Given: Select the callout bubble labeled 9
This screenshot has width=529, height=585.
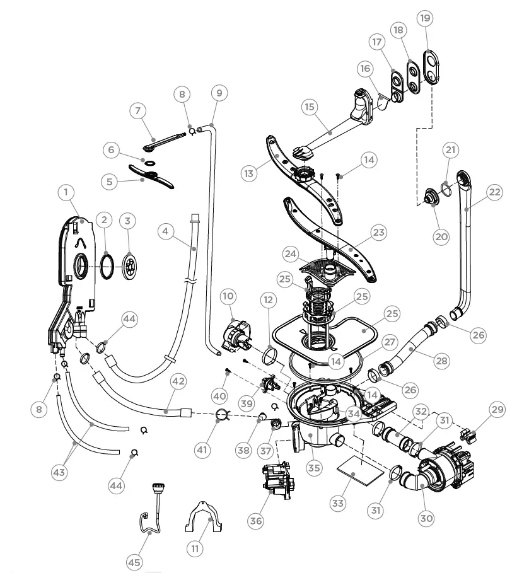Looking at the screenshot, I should (x=218, y=93).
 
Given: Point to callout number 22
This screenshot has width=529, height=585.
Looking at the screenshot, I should (x=494, y=192).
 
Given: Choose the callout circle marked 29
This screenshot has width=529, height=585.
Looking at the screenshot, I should (x=498, y=410).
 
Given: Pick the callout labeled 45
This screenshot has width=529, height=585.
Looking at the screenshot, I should (x=134, y=562).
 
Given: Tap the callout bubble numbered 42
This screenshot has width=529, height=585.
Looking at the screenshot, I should (x=178, y=381).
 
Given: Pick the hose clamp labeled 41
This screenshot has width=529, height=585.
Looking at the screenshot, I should (x=221, y=414).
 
